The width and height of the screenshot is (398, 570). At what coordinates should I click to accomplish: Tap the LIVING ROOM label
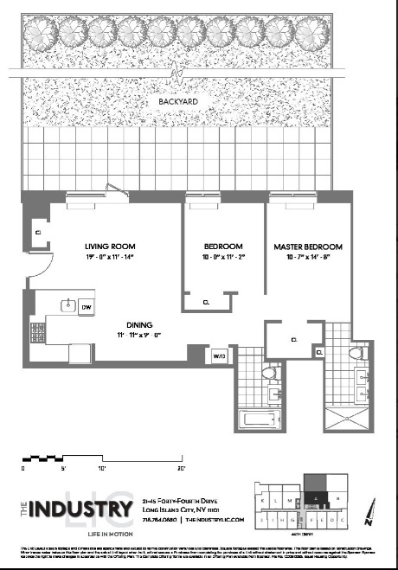click(106, 245)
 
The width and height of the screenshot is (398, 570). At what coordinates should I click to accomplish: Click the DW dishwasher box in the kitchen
click(87, 307)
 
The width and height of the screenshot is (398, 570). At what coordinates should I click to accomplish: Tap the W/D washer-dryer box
click(218, 355)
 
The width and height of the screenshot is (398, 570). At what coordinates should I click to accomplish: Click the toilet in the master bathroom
click(355, 355)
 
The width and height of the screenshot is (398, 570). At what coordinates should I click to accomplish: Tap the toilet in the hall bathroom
click(269, 373)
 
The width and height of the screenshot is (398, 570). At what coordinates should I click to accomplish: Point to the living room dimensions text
click(106, 258)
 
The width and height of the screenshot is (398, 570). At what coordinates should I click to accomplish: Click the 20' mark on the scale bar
click(182, 468)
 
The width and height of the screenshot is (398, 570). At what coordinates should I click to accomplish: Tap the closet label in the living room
click(39, 233)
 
